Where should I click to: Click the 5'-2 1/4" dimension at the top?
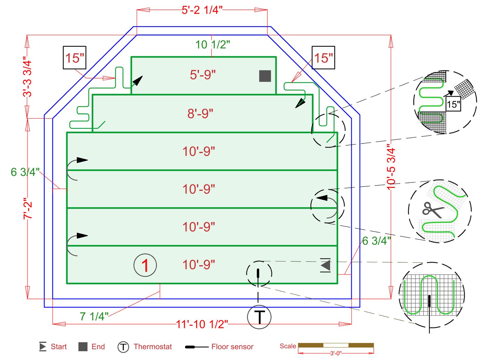click(x=202, y=10)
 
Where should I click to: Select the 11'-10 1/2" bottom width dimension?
click(x=202, y=324)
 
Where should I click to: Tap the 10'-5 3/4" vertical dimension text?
click(x=391, y=169)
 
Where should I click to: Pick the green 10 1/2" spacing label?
click(x=212, y=45)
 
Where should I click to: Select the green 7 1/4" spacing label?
click(x=94, y=316)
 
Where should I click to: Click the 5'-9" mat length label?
click(x=203, y=75)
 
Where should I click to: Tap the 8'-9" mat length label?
click(x=200, y=113)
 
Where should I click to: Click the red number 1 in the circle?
click(x=145, y=265)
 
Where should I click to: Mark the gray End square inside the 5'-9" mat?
click(x=265, y=76)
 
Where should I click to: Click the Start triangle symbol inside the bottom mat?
click(x=326, y=265)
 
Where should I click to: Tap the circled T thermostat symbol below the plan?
click(x=259, y=317)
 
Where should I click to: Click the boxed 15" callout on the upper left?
click(x=75, y=58)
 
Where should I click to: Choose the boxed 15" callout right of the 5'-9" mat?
click(x=323, y=58)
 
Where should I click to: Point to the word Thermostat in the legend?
click(x=153, y=347)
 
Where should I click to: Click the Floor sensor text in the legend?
click(x=232, y=347)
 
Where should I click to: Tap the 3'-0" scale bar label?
click(x=336, y=353)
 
